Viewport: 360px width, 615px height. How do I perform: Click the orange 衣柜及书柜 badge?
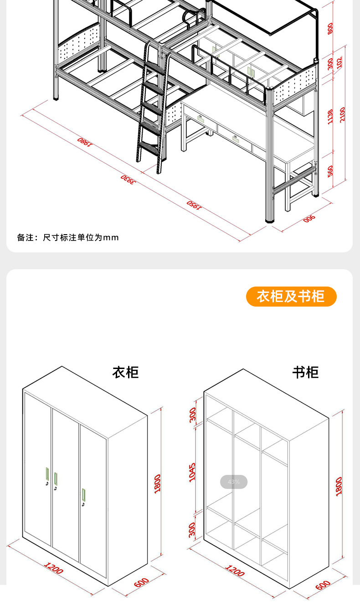(291, 297)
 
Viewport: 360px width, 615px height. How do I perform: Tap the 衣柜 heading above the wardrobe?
(125, 372)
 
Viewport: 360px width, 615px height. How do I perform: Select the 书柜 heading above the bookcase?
(305, 372)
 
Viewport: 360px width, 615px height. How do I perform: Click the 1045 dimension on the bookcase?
(192, 472)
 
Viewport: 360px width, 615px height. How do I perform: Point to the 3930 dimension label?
(129, 179)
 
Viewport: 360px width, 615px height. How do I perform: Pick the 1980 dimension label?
(85, 142)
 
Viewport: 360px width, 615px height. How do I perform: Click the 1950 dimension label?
(194, 205)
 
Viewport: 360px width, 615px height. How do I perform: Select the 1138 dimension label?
(330, 117)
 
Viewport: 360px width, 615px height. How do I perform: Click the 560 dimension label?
(330, 171)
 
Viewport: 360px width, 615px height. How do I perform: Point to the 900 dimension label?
(309, 219)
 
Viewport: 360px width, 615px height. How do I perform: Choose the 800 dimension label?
(330, 28)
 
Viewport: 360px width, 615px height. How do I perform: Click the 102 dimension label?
(339, 62)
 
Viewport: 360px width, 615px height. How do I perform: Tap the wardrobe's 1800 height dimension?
(157, 483)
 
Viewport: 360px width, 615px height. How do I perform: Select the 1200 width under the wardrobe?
(54, 568)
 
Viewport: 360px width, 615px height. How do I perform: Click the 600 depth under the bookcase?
(323, 584)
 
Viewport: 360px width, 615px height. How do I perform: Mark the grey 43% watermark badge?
(234, 482)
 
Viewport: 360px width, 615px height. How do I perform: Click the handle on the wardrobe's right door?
(83, 494)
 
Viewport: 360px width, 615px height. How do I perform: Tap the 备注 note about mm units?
(68, 237)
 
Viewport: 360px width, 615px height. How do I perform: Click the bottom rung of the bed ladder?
(149, 147)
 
